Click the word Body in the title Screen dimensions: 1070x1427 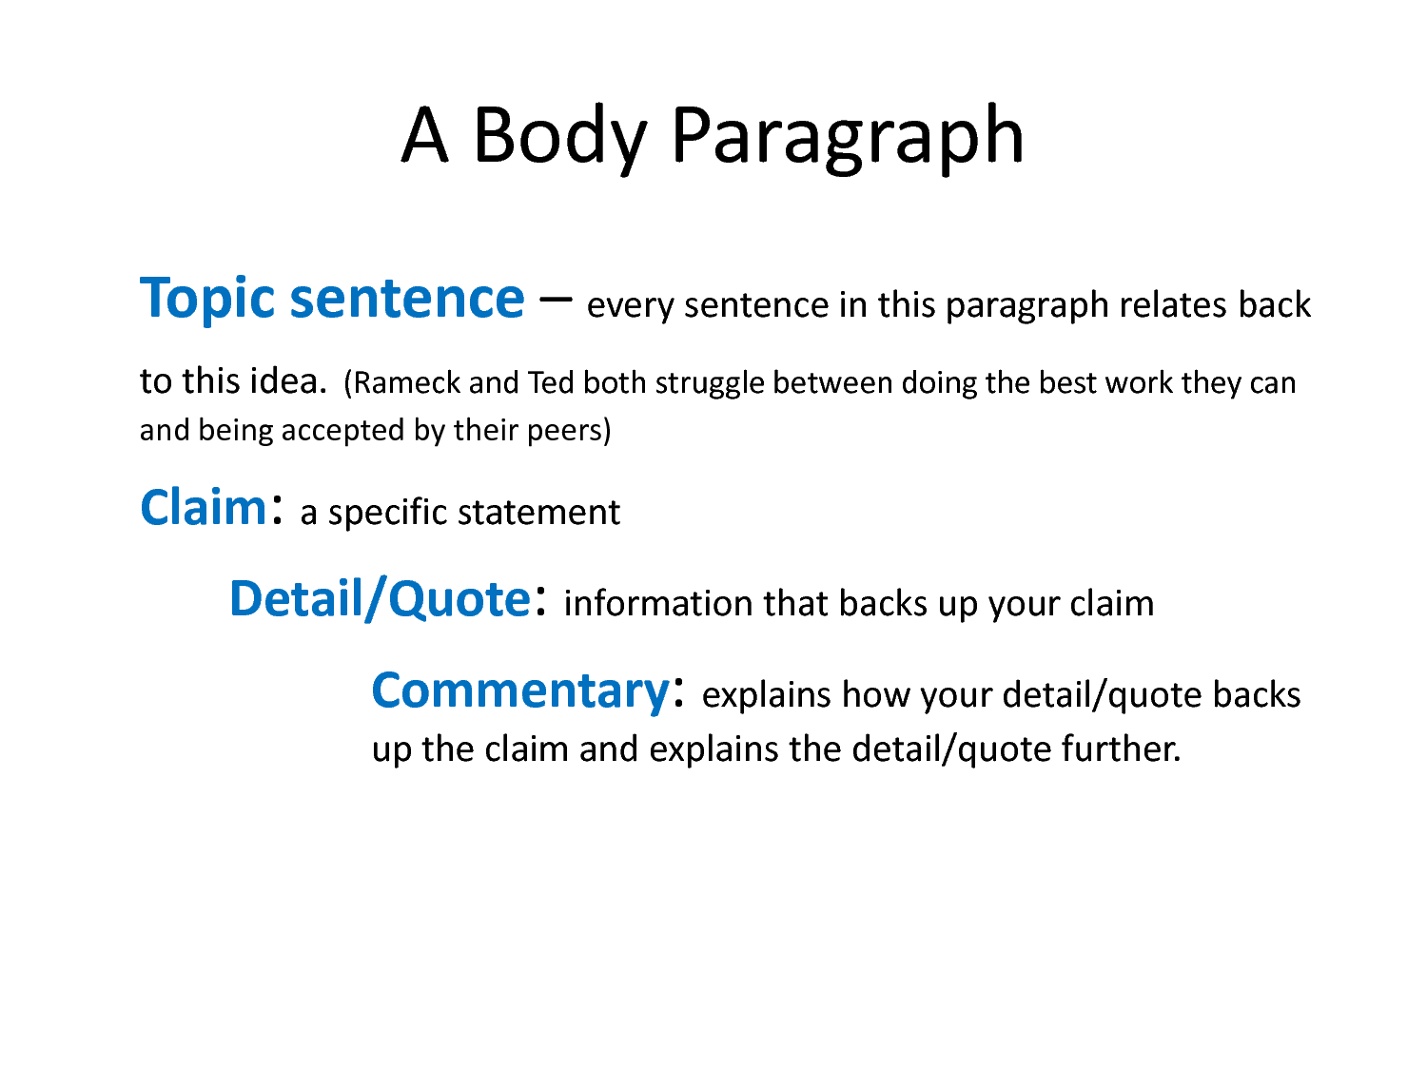click(559, 136)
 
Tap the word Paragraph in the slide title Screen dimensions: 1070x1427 click(847, 136)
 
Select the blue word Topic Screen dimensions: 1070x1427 click(207, 300)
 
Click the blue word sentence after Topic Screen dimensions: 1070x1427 click(407, 300)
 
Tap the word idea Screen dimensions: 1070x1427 click(287, 381)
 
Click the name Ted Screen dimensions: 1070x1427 click(551, 383)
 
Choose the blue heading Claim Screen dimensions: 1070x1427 click(205, 508)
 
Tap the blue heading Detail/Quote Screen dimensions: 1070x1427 click(380, 600)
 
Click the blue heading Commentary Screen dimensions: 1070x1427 click(520, 691)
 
